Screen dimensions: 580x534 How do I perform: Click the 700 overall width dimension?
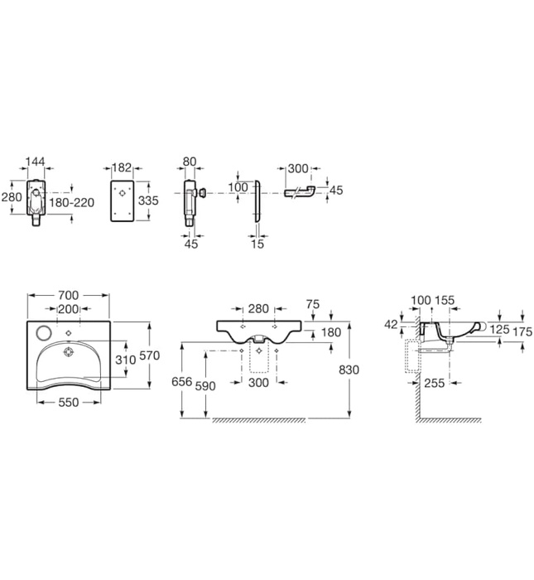coord(68,295)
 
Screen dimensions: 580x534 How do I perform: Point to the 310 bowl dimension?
coord(124,361)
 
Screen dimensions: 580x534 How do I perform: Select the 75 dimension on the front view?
coord(313,304)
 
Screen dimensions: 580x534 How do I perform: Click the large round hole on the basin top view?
coord(44,331)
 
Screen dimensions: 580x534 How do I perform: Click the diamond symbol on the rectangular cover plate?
coord(123,193)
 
